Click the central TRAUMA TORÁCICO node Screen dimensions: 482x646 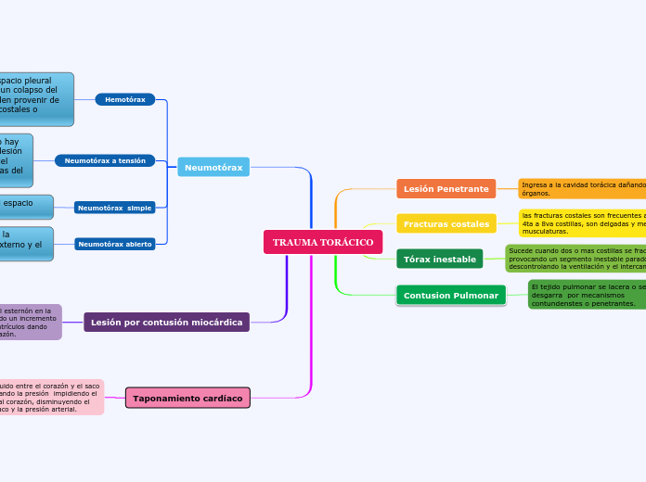pyautogui.click(x=323, y=242)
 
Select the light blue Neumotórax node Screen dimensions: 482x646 pyautogui.click(x=213, y=168)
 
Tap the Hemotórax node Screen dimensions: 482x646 pyautogui.click(x=125, y=99)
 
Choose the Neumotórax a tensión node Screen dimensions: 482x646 pyautogui.click(x=105, y=160)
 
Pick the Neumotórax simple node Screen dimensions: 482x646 pyautogui.click(x=114, y=208)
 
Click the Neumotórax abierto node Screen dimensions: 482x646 pyautogui.click(x=114, y=244)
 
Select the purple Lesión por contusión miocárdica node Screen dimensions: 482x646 pyautogui.click(x=167, y=323)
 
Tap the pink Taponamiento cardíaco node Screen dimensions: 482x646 pyautogui.click(x=187, y=398)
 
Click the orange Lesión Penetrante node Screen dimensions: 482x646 pyautogui.click(x=446, y=189)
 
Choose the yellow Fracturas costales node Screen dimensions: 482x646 pyautogui.click(x=446, y=224)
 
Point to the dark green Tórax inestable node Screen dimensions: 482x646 pyautogui.click(x=439, y=260)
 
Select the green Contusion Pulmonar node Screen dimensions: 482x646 pyautogui.click(x=450, y=296)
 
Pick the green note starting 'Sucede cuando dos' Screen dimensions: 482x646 pyautogui.click(x=575, y=259)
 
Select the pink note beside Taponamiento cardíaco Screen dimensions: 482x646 pyautogui.click(x=51, y=397)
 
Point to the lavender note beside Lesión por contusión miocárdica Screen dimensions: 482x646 pyautogui.click(x=30, y=322)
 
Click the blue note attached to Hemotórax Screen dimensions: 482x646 pyautogui.click(x=36, y=99)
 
